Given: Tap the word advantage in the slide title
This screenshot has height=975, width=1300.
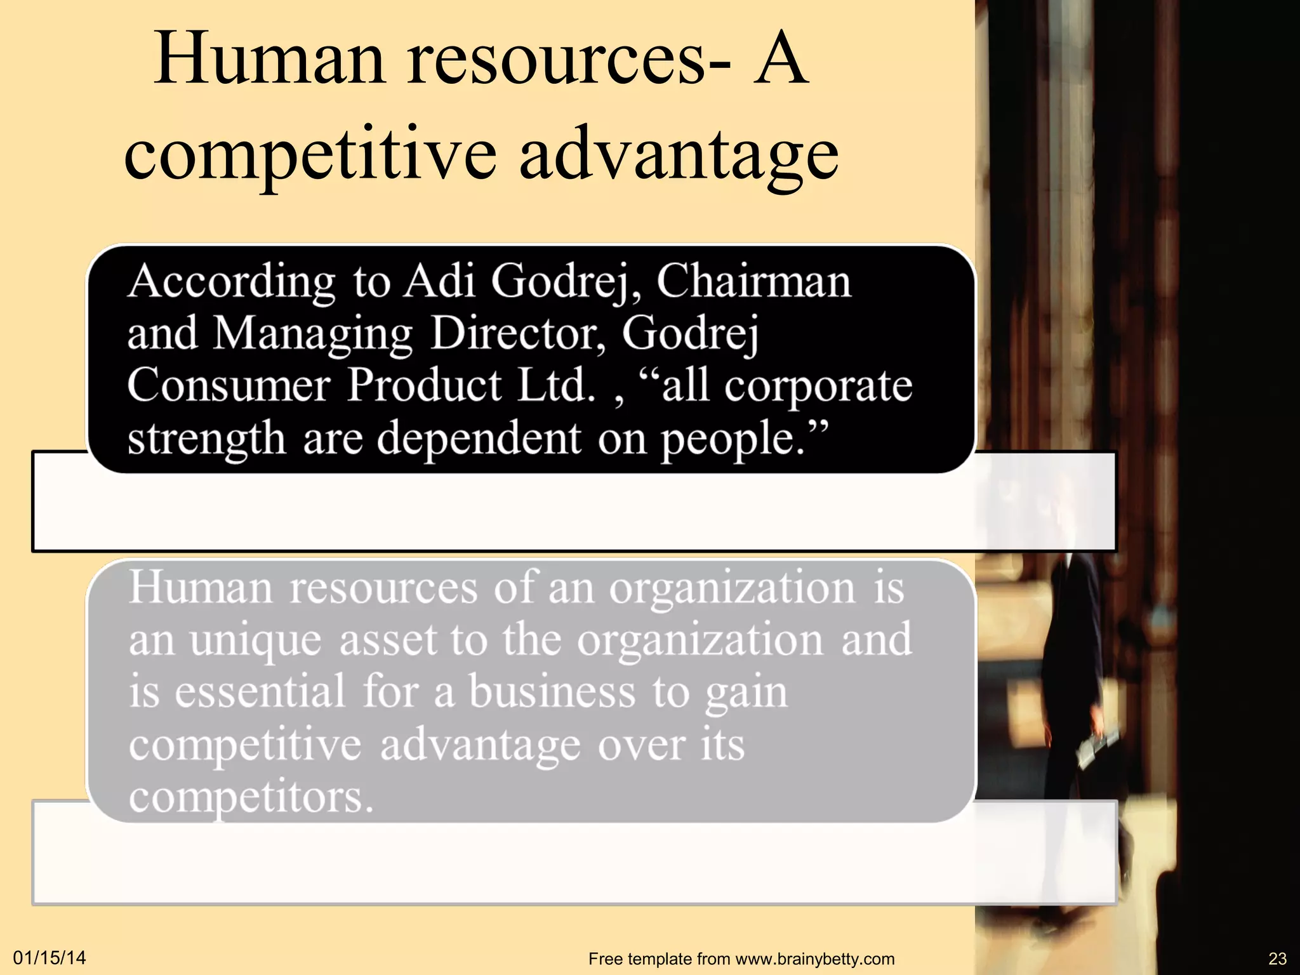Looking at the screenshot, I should click(x=679, y=156).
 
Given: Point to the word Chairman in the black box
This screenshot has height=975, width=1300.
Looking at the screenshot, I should click(x=753, y=281).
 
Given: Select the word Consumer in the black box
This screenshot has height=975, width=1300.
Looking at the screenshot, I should click(x=229, y=385).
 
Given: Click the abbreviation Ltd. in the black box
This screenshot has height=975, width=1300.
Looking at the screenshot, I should click(x=557, y=385).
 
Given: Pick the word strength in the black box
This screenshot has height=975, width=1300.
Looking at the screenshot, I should click(x=206, y=439).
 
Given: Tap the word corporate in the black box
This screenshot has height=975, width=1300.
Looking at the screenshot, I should click(x=818, y=387).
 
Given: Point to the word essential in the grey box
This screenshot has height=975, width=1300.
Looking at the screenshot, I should click(x=260, y=692).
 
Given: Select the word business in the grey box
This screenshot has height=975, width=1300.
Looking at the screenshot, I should click(x=552, y=692).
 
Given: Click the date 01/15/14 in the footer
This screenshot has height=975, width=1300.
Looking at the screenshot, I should click(x=50, y=958).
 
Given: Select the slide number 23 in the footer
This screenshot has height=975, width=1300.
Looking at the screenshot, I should click(x=1277, y=958).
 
